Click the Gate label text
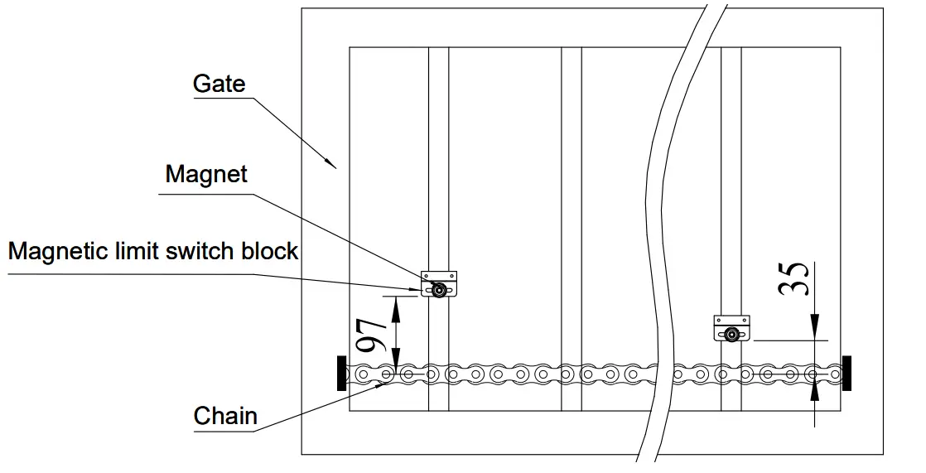tap(219, 84)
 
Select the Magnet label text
tap(206, 174)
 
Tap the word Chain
tap(225, 415)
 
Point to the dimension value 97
tap(372, 334)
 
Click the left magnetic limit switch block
tap(439, 284)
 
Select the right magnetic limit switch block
tap(732, 328)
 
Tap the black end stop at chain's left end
tap(341, 373)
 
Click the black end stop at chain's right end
tap(846, 373)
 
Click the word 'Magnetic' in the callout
tap(57, 250)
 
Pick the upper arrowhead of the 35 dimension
tap(815, 331)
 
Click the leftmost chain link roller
tap(363, 374)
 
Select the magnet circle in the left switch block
tap(439, 289)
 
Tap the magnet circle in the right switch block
tap(732, 334)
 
